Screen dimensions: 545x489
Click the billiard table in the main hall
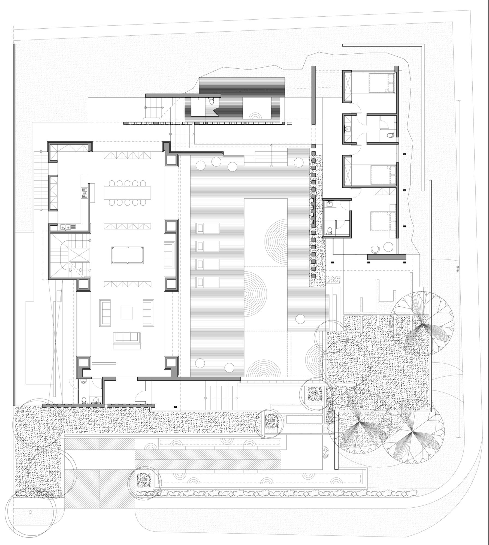(128, 255)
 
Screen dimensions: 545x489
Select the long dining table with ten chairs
(127, 193)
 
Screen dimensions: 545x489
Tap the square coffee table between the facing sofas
(127, 313)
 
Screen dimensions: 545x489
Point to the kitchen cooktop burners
(84, 192)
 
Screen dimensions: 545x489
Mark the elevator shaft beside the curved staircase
(79, 255)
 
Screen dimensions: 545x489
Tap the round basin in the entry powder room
(96, 400)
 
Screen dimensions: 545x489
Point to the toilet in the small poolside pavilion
(212, 101)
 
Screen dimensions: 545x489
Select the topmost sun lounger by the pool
(207, 228)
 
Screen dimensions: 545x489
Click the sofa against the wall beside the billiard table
(168, 254)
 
